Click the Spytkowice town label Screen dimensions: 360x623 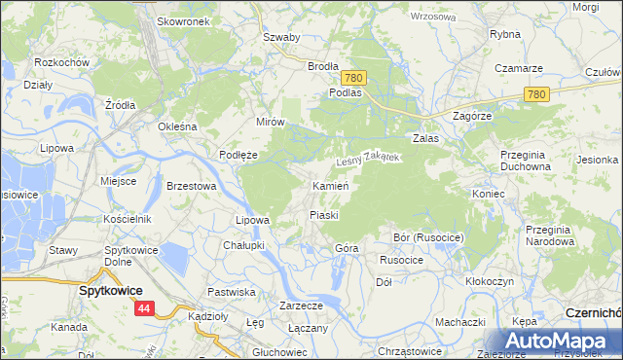[110, 291]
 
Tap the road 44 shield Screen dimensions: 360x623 [144, 308]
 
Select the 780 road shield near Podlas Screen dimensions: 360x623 [353, 78]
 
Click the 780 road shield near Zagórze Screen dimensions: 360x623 [535, 94]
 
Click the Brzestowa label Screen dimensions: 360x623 [191, 185]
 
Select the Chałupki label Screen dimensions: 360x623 [243, 245]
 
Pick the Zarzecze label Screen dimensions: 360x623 [301, 305]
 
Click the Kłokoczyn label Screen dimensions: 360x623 [493, 281]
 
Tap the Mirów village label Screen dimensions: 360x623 [270, 122]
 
